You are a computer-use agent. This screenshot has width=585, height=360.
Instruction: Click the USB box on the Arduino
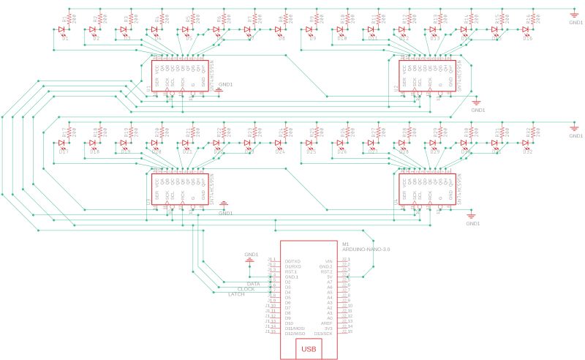(x=309, y=348)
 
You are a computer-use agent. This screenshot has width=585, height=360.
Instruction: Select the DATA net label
(x=253, y=283)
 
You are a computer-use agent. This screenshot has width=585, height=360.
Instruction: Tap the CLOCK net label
(x=246, y=289)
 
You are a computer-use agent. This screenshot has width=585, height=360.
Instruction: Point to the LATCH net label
(x=237, y=294)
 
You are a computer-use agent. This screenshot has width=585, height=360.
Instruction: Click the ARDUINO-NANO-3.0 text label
(x=366, y=250)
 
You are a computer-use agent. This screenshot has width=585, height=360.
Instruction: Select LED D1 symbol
(x=62, y=30)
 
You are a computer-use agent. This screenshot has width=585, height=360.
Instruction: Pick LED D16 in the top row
(x=525, y=30)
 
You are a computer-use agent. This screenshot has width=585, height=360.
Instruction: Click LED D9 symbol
(x=309, y=30)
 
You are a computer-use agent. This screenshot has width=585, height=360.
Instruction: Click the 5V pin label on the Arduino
(x=330, y=277)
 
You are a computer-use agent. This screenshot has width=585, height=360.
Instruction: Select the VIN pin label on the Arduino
(x=328, y=261)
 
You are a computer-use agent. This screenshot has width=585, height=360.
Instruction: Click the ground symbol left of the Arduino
(x=249, y=258)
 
